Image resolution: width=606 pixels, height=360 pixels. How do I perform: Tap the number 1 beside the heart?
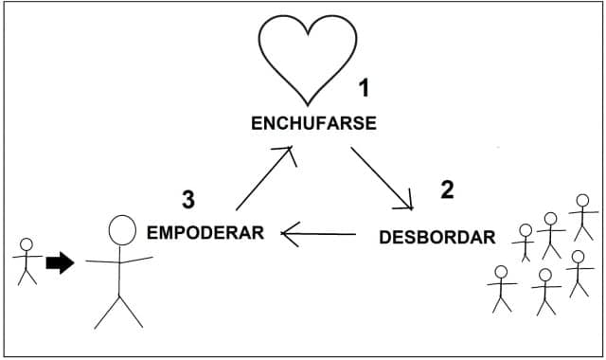coord(364,88)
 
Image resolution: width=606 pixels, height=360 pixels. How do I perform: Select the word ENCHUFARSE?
coord(313,123)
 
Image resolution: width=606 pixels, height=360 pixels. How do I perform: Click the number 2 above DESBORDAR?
coord(447,189)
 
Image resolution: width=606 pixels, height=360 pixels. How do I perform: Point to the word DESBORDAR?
coord(437,237)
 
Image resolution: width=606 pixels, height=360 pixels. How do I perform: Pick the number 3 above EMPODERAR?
coord(188,200)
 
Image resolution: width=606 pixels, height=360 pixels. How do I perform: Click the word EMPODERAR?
coord(205,233)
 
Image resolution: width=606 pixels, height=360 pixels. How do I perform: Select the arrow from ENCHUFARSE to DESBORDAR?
coord(382,178)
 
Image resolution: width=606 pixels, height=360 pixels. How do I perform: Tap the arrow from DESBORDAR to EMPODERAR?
coord(318,234)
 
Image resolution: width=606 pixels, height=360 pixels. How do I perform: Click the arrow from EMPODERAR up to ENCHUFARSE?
coord(264,178)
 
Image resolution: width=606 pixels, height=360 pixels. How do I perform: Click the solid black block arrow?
coord(60,263)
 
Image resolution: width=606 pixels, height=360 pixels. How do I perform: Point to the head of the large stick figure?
coord(122,230)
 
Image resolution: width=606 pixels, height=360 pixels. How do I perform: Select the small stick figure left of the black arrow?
coord(27,261)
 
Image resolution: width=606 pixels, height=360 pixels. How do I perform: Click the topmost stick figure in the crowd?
coord(583,217)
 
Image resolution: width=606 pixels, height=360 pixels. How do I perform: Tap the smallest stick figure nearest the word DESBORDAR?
coord(525,243)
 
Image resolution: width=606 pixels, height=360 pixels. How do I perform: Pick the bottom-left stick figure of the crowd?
coord(501,288)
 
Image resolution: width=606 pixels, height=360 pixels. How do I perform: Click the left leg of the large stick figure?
coord(107,313)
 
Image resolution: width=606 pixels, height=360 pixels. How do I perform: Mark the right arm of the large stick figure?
coord(136,260)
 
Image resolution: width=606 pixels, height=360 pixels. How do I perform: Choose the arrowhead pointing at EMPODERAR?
coord(290,234)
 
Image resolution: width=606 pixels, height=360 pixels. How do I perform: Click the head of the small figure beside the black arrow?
coord(27,244)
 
